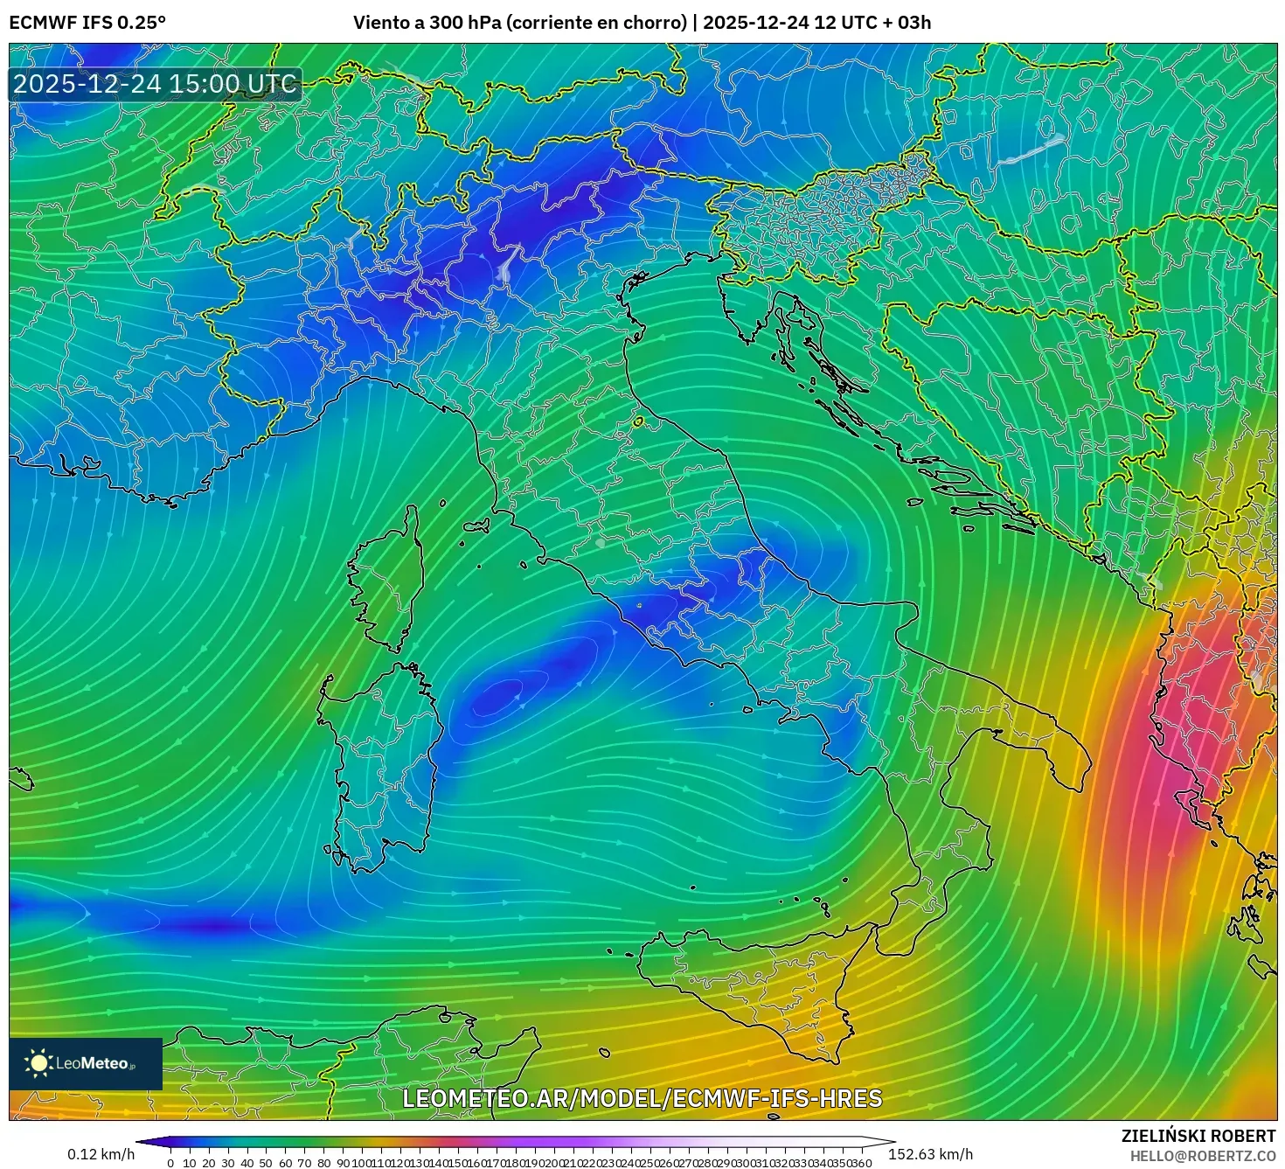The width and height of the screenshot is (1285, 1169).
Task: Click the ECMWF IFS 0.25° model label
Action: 87,23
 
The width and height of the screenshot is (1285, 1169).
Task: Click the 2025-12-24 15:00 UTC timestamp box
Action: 155,85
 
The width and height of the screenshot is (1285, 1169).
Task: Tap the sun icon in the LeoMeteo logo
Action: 38,1063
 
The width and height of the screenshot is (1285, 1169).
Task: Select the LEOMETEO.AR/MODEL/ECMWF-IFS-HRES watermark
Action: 642,1098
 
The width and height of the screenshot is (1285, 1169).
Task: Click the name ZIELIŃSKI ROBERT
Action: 1198,1136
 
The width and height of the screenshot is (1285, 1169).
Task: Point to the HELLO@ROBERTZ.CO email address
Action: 1202,1156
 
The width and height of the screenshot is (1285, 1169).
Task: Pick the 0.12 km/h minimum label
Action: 101,1154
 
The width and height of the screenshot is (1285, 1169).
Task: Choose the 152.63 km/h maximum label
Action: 930,1154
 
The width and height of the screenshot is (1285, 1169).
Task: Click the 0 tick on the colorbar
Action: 170,1163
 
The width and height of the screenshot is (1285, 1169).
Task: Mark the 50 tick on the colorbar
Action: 266,1163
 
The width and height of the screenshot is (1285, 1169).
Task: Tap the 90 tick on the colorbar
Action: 343,1163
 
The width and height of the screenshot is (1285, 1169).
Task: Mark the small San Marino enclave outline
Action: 639,421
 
